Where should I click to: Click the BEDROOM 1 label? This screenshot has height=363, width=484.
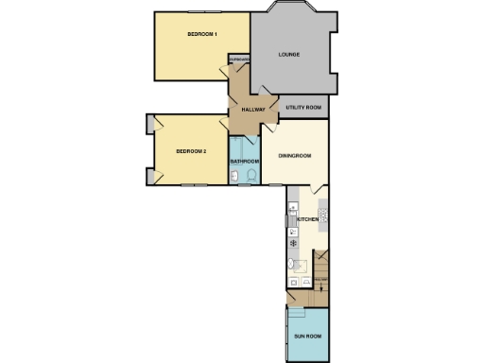202,35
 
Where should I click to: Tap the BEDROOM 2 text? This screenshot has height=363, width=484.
192,150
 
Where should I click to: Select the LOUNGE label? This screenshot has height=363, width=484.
289,54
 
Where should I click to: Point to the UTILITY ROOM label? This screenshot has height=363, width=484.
303,109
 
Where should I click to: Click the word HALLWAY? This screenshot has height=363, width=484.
252,110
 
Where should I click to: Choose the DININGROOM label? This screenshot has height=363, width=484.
294,156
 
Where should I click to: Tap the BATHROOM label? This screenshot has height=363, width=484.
245,162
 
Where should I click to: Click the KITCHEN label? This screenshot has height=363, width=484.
308,220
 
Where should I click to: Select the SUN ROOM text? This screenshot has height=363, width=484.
307,336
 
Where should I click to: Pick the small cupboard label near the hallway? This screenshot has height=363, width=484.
239,62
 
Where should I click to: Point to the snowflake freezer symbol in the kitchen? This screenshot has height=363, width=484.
293,243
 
